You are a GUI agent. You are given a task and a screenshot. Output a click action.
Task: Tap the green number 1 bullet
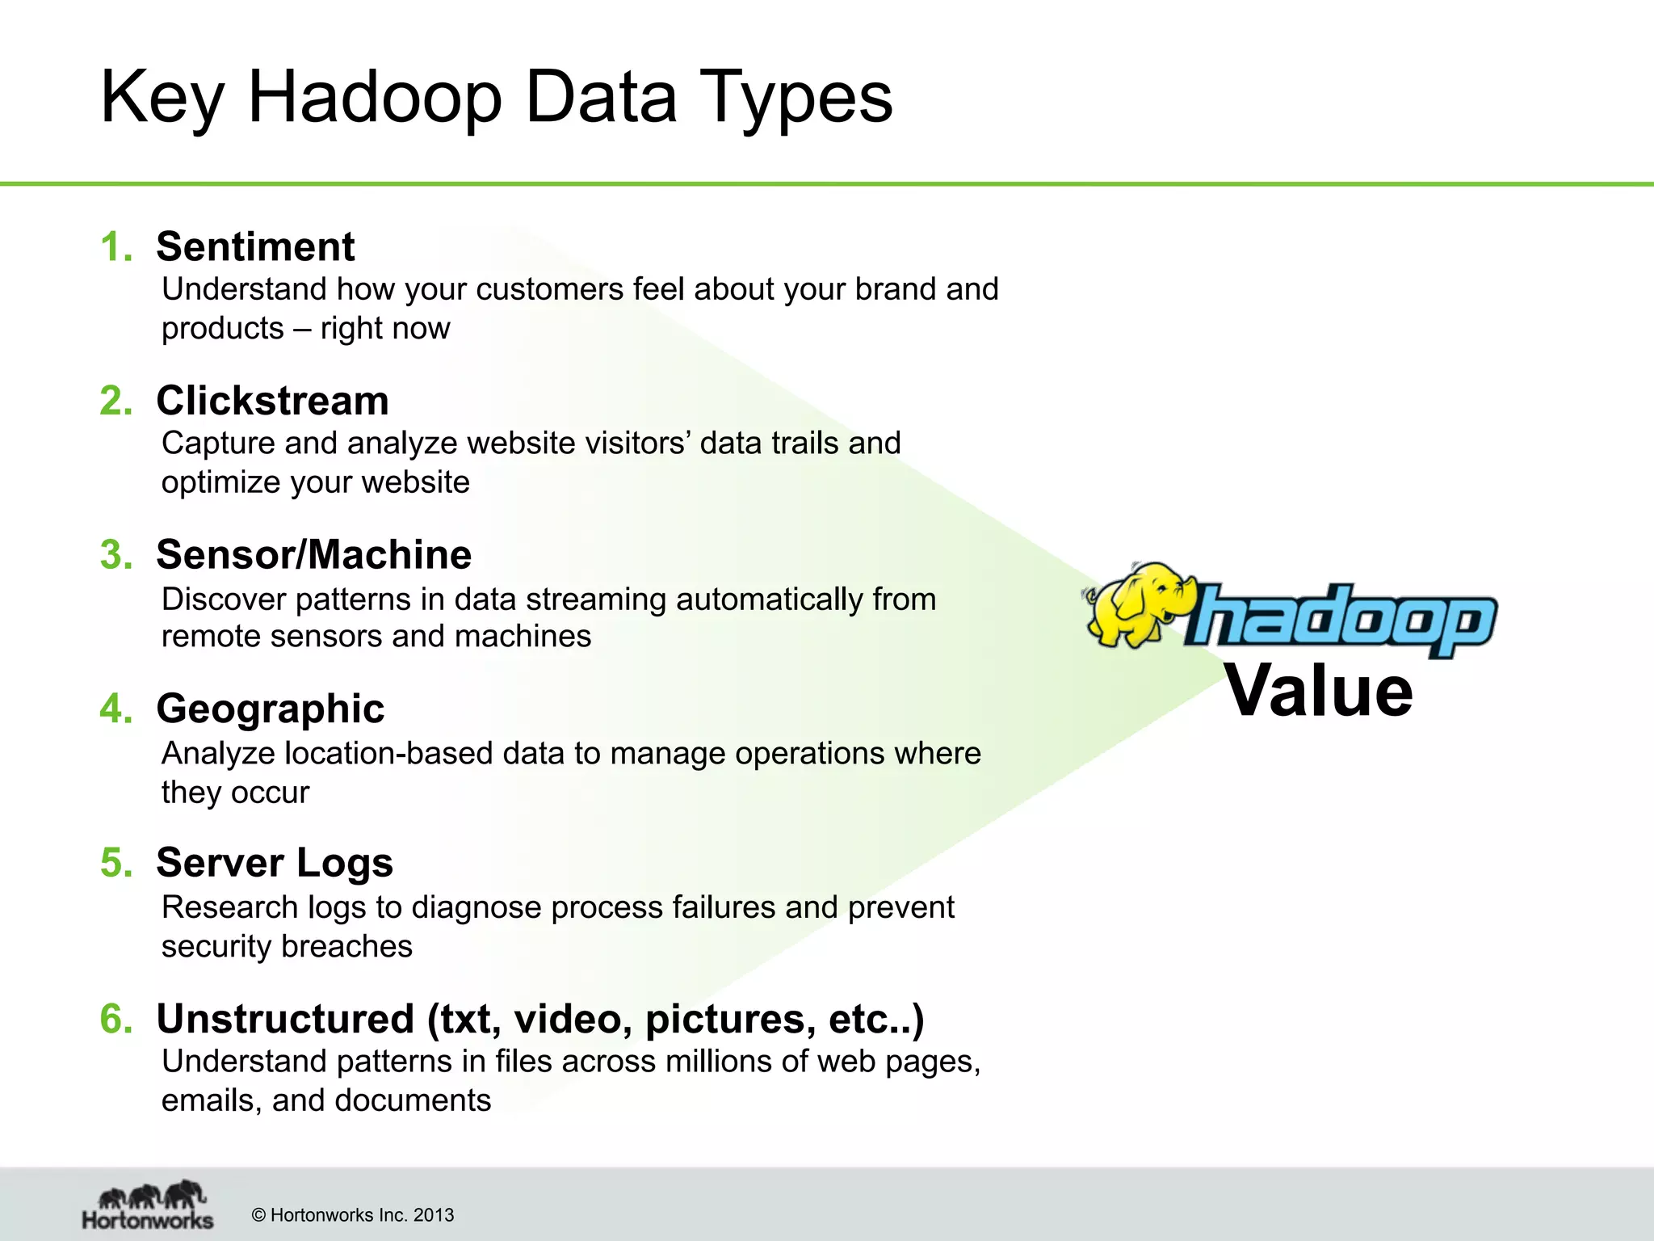point(115,246)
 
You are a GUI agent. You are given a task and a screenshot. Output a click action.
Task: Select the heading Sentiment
point(255,246)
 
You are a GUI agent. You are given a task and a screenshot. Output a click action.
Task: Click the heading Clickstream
point(272,401)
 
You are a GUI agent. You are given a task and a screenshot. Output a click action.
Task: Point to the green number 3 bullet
point(115,555)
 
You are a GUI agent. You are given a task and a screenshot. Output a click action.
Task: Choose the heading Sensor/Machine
point(313,555)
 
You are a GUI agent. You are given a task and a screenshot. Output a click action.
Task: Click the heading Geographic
point(270,709)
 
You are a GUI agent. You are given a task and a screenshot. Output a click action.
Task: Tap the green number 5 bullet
point(115,863)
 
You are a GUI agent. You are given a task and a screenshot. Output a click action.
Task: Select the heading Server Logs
point(275,863)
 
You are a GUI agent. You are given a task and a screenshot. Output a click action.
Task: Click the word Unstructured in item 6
point(285,1019)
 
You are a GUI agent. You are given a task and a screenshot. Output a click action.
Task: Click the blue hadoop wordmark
point(1341,618)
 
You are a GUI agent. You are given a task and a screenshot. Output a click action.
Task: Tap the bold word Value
point(1319,692)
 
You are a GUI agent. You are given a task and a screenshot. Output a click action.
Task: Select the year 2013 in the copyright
point(434,1215)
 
